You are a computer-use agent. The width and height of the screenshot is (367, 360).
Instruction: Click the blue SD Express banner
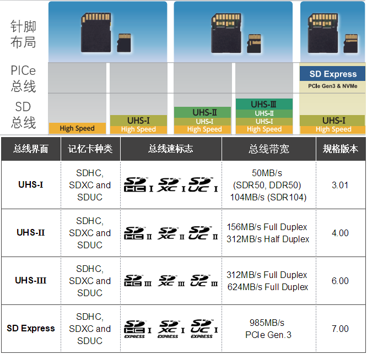point(333,74)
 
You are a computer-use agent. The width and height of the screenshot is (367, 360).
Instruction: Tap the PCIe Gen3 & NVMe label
point(333,86)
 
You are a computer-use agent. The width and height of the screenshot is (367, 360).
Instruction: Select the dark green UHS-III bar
point(263,104)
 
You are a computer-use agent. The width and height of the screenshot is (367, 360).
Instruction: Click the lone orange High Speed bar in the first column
point(77,128)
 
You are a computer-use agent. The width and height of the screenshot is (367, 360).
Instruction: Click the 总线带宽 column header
point(268,149)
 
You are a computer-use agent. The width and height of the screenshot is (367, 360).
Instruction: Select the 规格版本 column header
point(340,149)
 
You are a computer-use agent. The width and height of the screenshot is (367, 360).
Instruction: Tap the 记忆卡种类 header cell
point(90,149)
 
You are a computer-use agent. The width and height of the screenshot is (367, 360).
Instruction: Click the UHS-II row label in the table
point(31,232)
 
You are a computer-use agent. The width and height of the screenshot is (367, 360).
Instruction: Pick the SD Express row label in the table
point(31,328)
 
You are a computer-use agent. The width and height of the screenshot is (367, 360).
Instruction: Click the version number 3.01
point(340,185)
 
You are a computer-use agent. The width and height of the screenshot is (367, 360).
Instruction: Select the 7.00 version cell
point(340,329)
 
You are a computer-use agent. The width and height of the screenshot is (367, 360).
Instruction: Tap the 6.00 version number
point(340,281)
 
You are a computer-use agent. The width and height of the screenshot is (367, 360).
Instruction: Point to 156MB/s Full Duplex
point(267,227)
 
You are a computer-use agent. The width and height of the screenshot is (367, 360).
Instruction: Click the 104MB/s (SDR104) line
point(268,197)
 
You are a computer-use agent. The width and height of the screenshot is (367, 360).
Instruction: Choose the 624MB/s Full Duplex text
point(267,287)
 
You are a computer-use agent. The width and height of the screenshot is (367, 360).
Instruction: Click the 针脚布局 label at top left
point(23,34)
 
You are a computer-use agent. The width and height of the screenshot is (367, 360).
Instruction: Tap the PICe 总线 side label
point(23,79)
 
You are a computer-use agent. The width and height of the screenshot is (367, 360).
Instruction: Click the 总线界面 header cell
point(31,149)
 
